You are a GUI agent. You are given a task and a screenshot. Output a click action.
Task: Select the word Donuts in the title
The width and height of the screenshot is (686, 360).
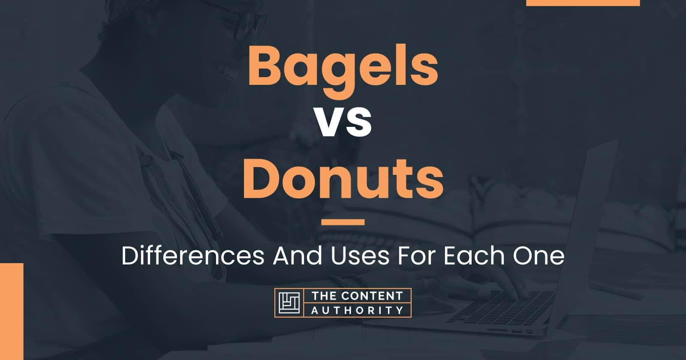tap(343, 179)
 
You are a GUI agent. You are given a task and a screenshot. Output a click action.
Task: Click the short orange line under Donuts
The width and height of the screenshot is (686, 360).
tap(343, 222)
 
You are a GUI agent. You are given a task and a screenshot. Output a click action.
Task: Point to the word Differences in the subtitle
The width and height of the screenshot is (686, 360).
tap(193, 255)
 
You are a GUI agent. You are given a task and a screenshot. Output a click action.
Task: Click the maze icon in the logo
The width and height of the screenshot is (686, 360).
tap(289, 303)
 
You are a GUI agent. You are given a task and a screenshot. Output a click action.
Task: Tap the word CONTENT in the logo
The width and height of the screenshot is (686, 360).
tap(372, 296)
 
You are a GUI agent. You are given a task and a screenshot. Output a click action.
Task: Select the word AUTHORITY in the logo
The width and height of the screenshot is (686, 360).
tap(358, 310)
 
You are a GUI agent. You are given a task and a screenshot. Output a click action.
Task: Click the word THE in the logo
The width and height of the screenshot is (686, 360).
tap(324, 296)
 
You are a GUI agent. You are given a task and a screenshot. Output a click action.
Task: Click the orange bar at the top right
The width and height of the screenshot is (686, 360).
tap(583, 3)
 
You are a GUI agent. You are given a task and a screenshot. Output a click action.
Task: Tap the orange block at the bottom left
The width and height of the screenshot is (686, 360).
tap(12, 311)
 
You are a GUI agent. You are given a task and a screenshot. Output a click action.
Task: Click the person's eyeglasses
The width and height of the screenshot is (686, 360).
tap(242, 20)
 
